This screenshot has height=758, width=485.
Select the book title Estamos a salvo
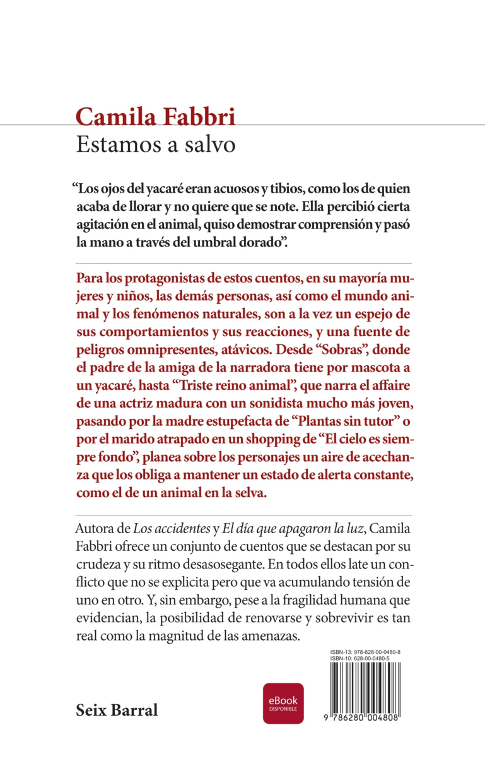(155, 144)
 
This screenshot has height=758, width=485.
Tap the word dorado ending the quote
(255, 243)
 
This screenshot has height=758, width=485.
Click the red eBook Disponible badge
(283, 703)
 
